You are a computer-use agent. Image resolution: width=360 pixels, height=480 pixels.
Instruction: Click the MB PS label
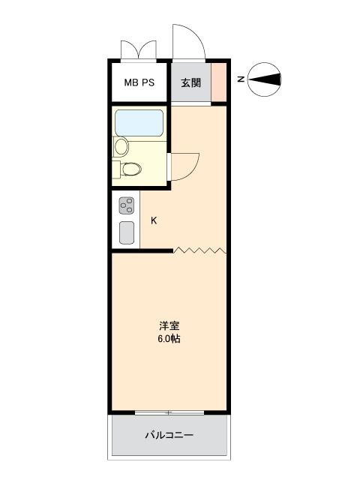tap(139, 82)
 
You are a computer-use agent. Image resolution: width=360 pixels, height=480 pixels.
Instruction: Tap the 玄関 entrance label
tap(190, 82)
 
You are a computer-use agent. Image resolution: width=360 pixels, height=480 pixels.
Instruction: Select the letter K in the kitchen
tap(154, 220)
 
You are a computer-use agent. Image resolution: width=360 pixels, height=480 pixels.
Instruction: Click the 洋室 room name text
tap(169, 325)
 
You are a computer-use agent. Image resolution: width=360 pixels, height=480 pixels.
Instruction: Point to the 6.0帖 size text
tap(169, 339)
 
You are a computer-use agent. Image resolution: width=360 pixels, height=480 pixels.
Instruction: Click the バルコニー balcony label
tap(169, 435)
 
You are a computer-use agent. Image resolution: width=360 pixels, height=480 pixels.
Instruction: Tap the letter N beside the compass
tap(241, 79)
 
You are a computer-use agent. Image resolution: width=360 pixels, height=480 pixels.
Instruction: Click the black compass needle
tap(265, 79)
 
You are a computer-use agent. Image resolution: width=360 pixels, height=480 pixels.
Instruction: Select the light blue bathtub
tap(139, 123)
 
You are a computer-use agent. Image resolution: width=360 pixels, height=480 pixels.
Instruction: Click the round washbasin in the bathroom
tap(121, 146)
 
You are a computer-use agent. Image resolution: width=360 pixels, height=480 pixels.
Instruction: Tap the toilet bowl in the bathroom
tap(132, 169)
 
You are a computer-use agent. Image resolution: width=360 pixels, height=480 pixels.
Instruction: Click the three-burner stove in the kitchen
tap(127, 205)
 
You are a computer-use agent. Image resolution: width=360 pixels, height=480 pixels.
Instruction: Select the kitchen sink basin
tap(127, 232)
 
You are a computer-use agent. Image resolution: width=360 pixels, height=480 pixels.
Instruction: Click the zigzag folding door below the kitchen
tap(200, 250)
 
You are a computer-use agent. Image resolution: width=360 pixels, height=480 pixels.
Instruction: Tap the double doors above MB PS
tap(139, 49)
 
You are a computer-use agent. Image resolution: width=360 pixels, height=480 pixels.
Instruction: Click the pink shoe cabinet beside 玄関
tap(219, 82)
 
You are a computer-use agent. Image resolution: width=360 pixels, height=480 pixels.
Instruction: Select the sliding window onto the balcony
tap(169, 412)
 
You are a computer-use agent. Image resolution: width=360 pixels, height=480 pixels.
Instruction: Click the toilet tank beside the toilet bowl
tap(116, 169)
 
